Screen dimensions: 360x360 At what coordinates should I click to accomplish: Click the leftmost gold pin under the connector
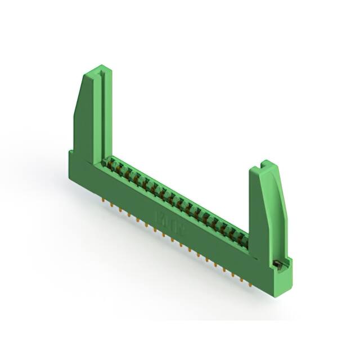(105, 199)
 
